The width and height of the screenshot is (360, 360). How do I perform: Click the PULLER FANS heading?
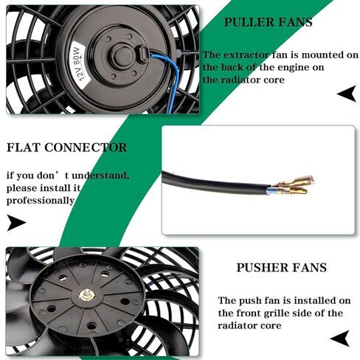tap(269, 22)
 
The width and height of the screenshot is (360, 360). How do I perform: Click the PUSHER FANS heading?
tap(282, 268)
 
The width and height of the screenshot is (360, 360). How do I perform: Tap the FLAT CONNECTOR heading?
tap(66, 148)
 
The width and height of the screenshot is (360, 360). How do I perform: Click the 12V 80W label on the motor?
tap(79, 65)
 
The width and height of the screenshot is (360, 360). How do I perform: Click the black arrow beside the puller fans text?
tap(347, 94)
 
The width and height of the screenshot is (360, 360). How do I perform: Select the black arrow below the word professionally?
tap(16, 223)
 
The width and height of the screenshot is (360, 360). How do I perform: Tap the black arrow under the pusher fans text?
tap(340, 339)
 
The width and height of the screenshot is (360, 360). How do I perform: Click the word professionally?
tap(41, 201)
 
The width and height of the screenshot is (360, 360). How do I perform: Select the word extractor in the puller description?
tap(246, 55)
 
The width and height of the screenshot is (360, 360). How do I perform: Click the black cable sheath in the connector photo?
tap(215, 183)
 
